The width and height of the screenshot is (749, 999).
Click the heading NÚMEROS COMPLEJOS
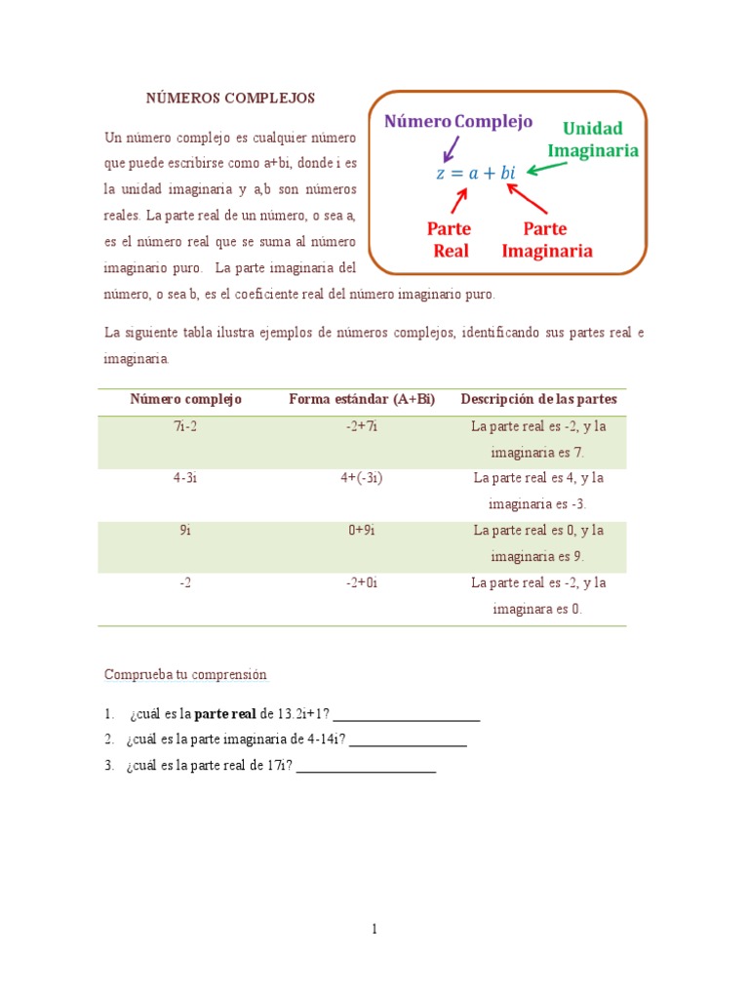click(230, 99)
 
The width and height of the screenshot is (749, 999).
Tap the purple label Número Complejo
click(458, 121)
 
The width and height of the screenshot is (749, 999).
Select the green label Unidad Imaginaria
click(593, 140)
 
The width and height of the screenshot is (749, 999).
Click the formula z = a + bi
click(475, 173)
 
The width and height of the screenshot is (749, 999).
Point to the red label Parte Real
click(449, 239)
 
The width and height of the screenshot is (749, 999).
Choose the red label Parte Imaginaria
click(547, 239)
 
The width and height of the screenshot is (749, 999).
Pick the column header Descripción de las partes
click(538, 399)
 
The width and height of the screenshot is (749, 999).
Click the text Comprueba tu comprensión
click(185, 674)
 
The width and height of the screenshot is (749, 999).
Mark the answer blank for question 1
click(407, 718)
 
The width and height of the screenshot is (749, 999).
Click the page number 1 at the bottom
click(374, 929)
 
